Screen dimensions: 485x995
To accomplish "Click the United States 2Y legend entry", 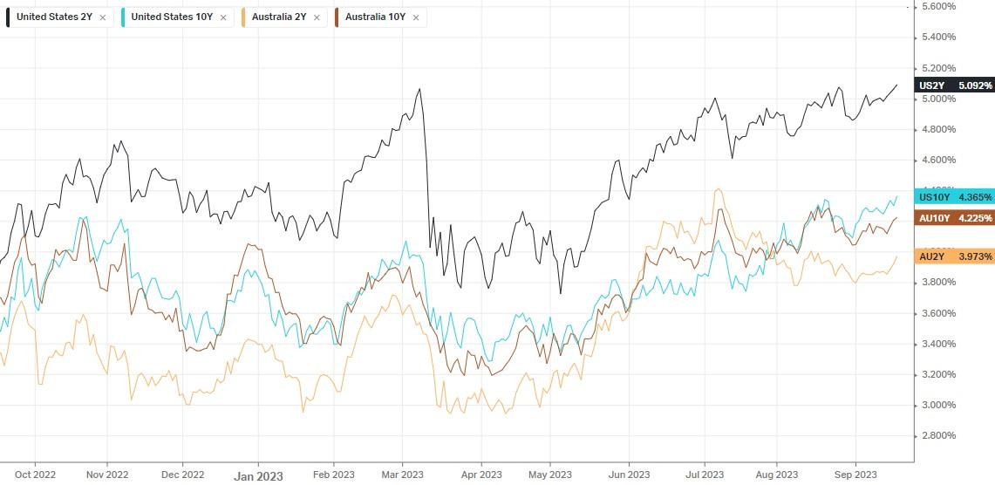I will [53, 17].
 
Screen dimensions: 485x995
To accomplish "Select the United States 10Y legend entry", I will [171, 17].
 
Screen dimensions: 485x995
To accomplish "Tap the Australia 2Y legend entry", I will [279, 17].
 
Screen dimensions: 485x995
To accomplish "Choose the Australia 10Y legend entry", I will [374, 17].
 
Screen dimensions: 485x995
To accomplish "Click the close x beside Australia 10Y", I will [415, 17].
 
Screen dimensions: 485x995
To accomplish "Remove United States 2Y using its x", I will [103, 17].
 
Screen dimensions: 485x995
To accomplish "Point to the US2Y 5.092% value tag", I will [955, 85].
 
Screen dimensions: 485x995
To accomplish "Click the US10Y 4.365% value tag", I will [955, 198].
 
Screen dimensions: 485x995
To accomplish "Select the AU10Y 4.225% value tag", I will [955, 218].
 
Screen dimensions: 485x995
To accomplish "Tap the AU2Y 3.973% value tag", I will [955, 256].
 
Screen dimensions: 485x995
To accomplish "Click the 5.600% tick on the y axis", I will [938, 6].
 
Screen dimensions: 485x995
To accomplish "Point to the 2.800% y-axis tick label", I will [938, 435].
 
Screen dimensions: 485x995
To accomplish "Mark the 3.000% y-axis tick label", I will [938, 405].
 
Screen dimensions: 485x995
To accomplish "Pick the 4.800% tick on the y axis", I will [938, 129].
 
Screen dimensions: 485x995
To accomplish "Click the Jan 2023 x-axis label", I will [258, 476].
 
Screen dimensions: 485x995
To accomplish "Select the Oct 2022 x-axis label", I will [36, 475].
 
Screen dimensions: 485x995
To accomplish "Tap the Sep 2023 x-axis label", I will [855, 475].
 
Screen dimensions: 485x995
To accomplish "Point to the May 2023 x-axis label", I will [550, 475].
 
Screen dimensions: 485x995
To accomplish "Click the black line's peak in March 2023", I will [420, 88].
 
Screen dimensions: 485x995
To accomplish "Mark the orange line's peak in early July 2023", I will [718, 188].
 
